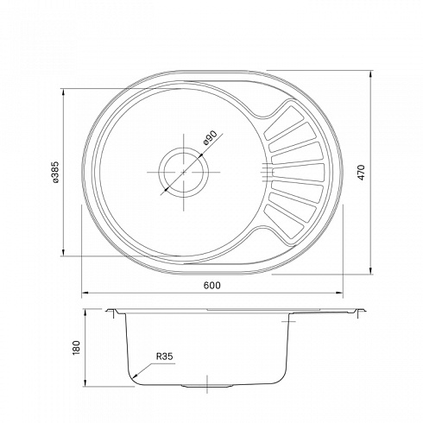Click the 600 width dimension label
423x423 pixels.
click(x=212, y=285)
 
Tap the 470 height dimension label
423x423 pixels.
click(x=362, y=173)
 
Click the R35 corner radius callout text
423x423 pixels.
click(x=164, y=357)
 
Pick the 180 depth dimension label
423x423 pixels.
click(x=76, y=348)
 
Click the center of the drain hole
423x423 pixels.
click(x=184, y=172)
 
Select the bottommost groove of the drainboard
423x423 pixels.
click(x=284, y=222)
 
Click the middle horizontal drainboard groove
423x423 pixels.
click(x=298, y=173)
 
